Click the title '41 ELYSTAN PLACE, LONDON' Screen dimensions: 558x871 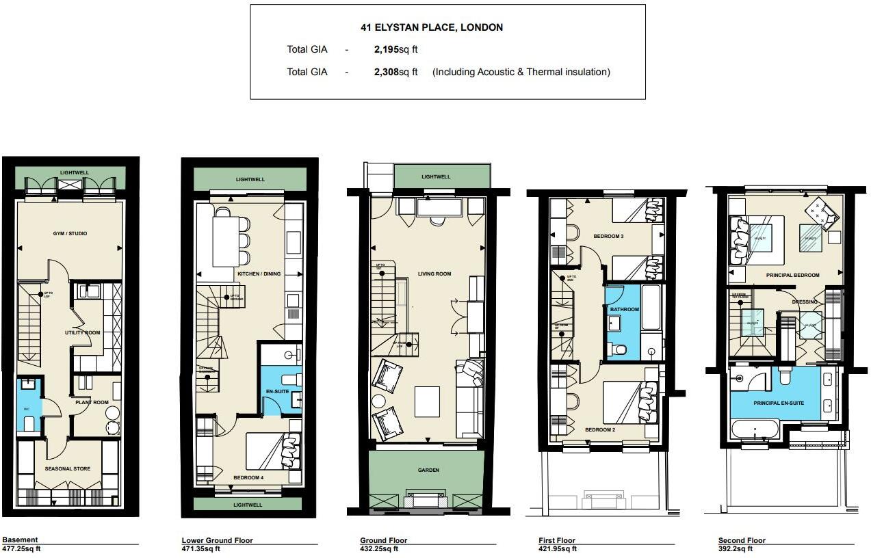tap(432, 28)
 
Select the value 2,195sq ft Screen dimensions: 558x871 tap(395, 49)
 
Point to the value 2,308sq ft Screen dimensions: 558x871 tap(395, 72)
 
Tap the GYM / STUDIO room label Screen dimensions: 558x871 tap(70, 234)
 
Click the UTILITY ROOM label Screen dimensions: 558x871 tap(83, 332)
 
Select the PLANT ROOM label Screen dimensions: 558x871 tap(92, 402)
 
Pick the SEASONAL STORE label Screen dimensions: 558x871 tap(68, 468)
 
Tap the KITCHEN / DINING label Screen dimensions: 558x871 tap(259, 274)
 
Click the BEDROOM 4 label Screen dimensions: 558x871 tap(248, 477)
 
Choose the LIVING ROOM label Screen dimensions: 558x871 tap(434, 274)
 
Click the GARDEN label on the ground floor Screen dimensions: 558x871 tap(428, 470)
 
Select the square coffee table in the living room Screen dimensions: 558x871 tap(427, 401)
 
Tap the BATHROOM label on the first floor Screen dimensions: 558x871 tap(624, 310)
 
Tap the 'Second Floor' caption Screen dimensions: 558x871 tap(742, 540)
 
